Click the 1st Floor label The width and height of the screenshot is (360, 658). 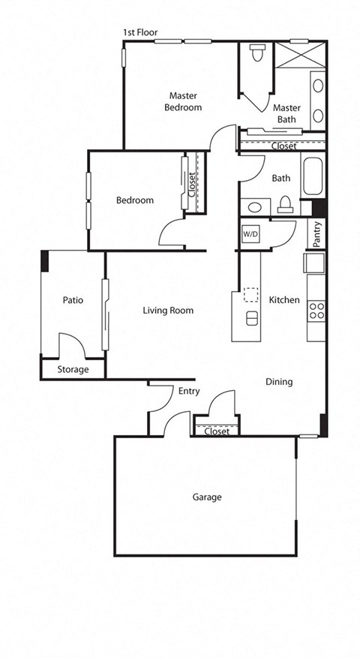point(140,32)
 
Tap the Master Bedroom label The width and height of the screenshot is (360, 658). point(184,101)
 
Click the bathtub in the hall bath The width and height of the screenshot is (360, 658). point(311,179)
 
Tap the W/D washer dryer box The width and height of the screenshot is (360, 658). point(250,234)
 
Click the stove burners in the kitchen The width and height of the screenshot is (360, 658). point(316,310)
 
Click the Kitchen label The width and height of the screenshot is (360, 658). point(284,300)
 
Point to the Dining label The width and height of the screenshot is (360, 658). point(279,382)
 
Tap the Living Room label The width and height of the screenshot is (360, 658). point(168,311)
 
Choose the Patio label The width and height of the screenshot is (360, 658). point(73,300)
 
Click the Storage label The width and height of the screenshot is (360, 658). point(73,370)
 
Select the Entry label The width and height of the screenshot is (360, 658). point(188,391)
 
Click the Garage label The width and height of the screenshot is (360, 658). point(207,497)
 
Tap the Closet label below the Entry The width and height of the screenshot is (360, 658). point(216,431)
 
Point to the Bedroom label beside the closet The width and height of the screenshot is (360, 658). point(135,200)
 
